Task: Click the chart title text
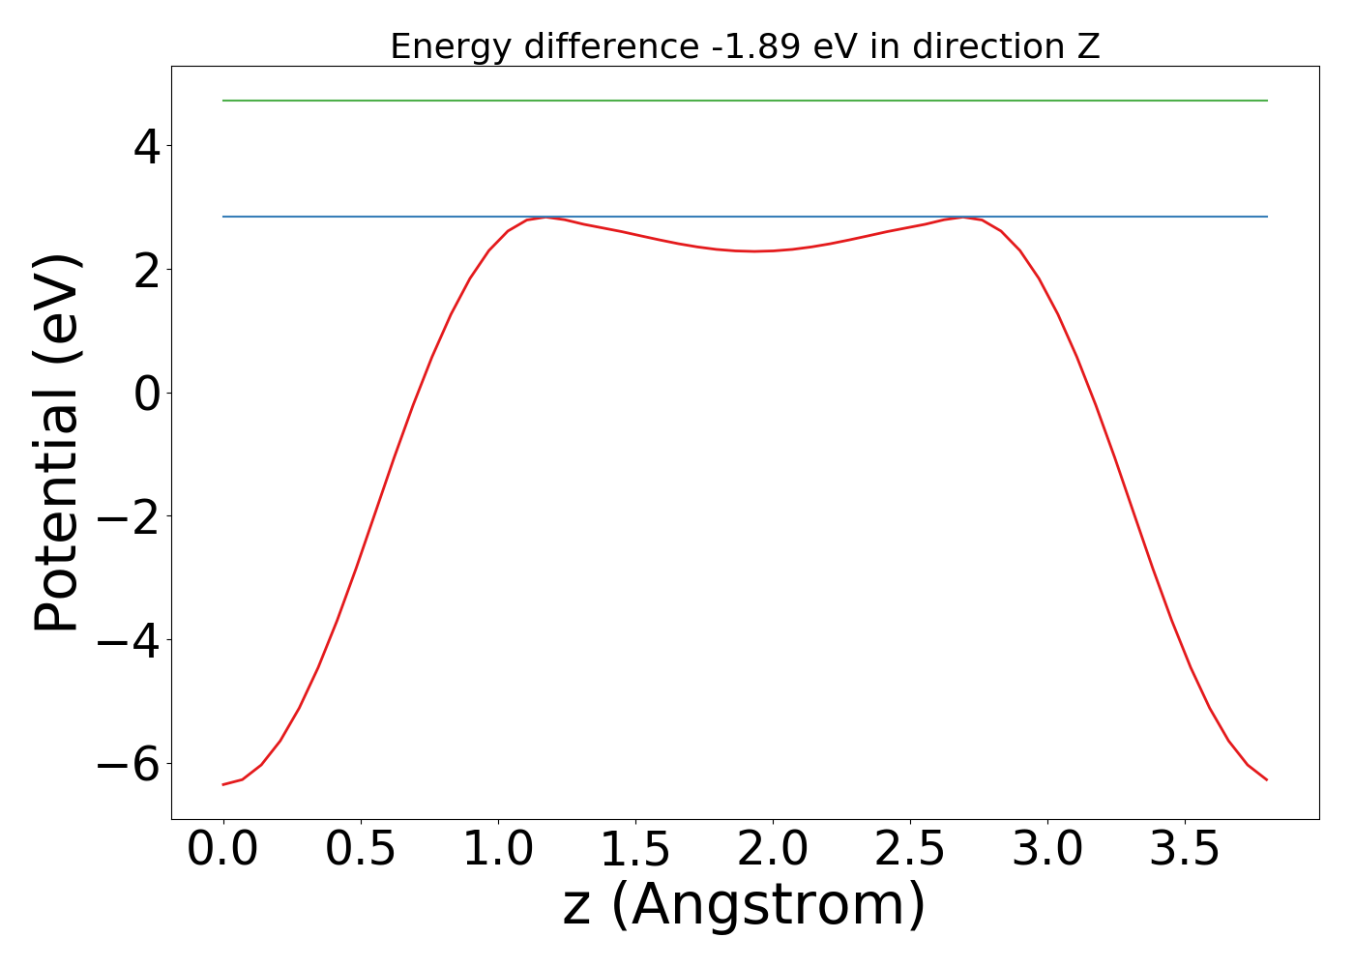click(745, 46)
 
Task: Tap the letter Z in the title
click(1089, 46)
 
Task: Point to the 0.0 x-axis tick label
click(223, 850)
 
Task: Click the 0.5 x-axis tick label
click(361, 850)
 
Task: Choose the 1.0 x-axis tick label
click(498, 850)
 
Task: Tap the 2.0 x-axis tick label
click(773, 850)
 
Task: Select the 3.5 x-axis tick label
click(1186, 850)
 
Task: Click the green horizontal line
click(745, 101)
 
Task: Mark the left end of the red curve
click(224, 784)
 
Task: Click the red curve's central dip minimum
click(754, 251)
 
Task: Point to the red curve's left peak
click(546, 218)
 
